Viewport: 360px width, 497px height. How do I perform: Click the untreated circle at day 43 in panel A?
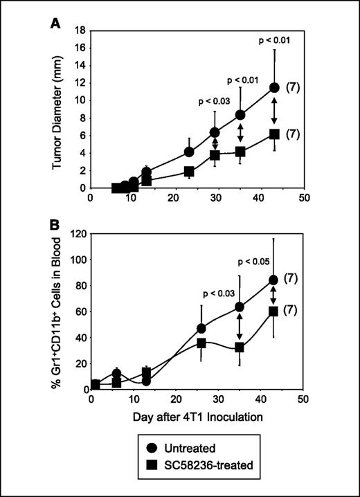point(274,88)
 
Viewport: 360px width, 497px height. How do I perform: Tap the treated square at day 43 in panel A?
point(274,134)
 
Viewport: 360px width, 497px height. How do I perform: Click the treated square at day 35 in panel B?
point(240,347)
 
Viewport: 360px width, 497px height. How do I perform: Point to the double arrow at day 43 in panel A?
point(274,111)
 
